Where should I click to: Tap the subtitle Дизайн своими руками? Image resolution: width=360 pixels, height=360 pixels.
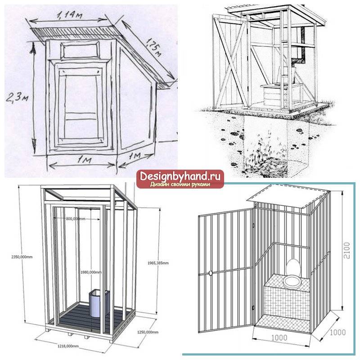180,184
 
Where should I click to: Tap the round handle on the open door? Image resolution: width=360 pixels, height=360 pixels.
210,273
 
